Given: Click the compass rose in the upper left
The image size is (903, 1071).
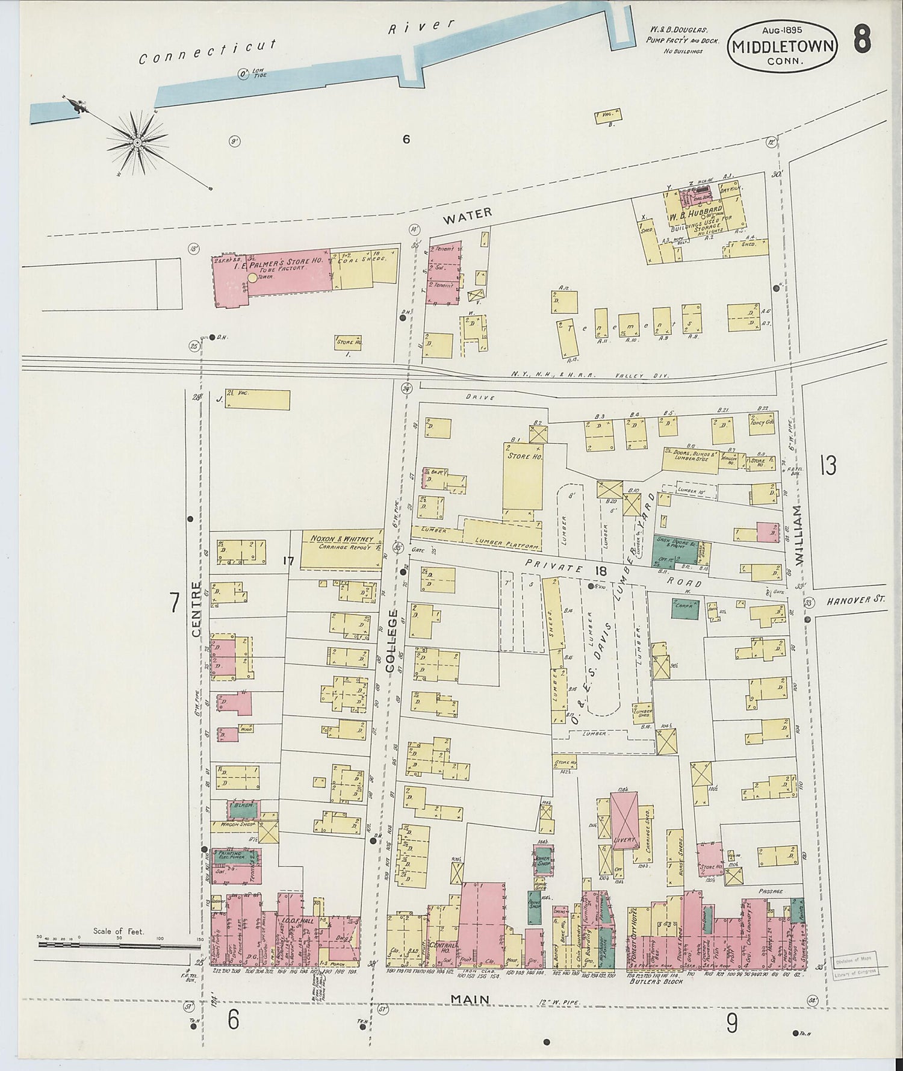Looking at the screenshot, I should pos(137,142).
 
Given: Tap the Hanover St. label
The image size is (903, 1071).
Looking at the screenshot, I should pos(855,601).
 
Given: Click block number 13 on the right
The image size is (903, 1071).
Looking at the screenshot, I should pos(828,465).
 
